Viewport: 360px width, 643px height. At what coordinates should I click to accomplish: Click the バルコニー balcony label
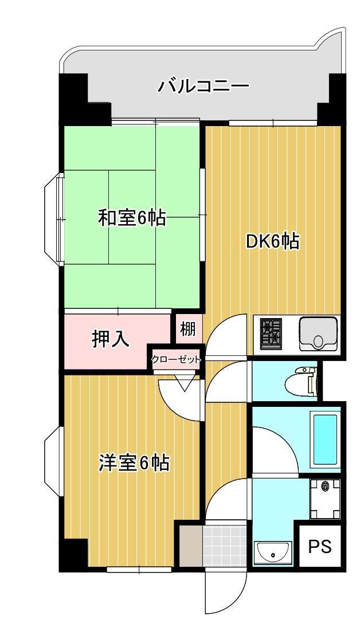[x=204, y=87]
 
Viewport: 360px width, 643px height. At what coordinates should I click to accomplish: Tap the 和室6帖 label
[x=132, y=218]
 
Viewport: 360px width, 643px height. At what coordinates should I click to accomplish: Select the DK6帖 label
[x=272, y=242]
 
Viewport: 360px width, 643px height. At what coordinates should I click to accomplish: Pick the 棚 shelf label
[x=188, y=330]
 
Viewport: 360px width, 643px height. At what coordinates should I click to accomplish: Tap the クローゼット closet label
[x=176, y=360]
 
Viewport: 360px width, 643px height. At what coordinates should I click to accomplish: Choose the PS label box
[x=320, y=547]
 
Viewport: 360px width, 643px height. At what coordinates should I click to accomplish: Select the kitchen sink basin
[x=319, y=333]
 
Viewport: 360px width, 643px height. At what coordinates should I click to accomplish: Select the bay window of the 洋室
[x=56, y=461]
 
